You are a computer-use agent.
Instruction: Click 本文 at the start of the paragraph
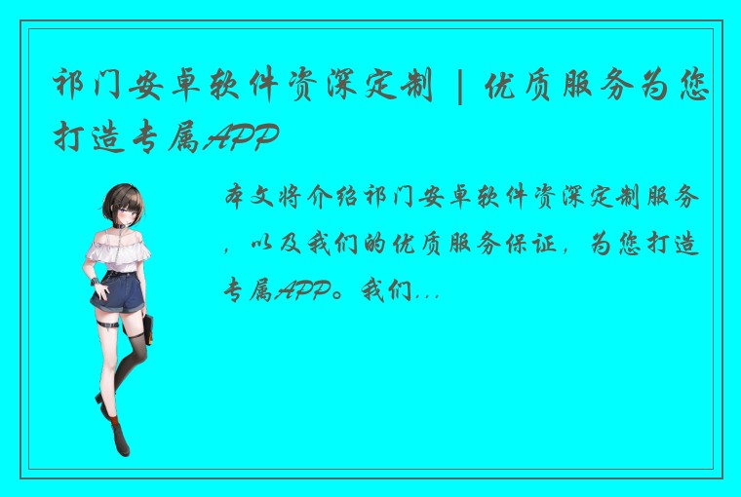247,199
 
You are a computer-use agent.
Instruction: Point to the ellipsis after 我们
427,289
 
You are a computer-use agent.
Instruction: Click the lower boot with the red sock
118,435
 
